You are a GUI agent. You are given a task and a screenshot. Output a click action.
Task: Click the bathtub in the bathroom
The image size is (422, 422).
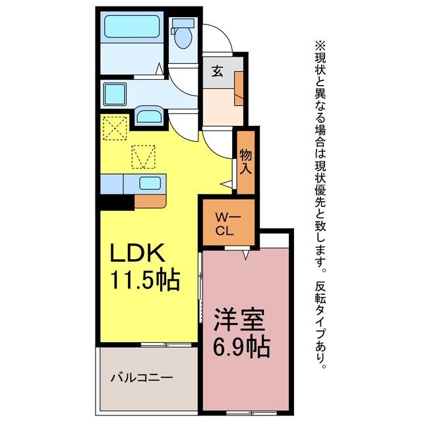click(132, 26)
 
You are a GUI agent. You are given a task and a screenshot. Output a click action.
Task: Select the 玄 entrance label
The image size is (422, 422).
click(217, 71)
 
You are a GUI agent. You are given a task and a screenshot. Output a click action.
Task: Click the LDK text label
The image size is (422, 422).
click(137, 253)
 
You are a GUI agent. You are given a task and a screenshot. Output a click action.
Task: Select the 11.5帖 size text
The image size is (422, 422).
click(145, 279)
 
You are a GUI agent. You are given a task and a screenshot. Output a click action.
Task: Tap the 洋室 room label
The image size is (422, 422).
click(239, 320)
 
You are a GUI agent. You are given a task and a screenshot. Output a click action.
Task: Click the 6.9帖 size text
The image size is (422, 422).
click(241, 346)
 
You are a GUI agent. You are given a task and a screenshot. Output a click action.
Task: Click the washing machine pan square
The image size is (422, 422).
click(115, 94)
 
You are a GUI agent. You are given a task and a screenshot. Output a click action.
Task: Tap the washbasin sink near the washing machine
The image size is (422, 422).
click(149, 117)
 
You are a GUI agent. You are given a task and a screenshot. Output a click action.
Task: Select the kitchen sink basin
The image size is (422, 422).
click(150, 183)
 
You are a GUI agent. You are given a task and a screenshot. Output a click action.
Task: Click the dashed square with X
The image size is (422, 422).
click(115, 128)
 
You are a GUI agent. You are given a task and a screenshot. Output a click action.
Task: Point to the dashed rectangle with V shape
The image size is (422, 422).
click(143, 157)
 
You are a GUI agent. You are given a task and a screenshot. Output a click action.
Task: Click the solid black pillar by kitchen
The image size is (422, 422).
click(117, 202)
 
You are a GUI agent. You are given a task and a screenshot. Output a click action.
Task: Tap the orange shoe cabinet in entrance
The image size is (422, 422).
click(239, 88)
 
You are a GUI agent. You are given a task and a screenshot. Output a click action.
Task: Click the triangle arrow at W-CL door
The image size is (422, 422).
click(245, 255)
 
